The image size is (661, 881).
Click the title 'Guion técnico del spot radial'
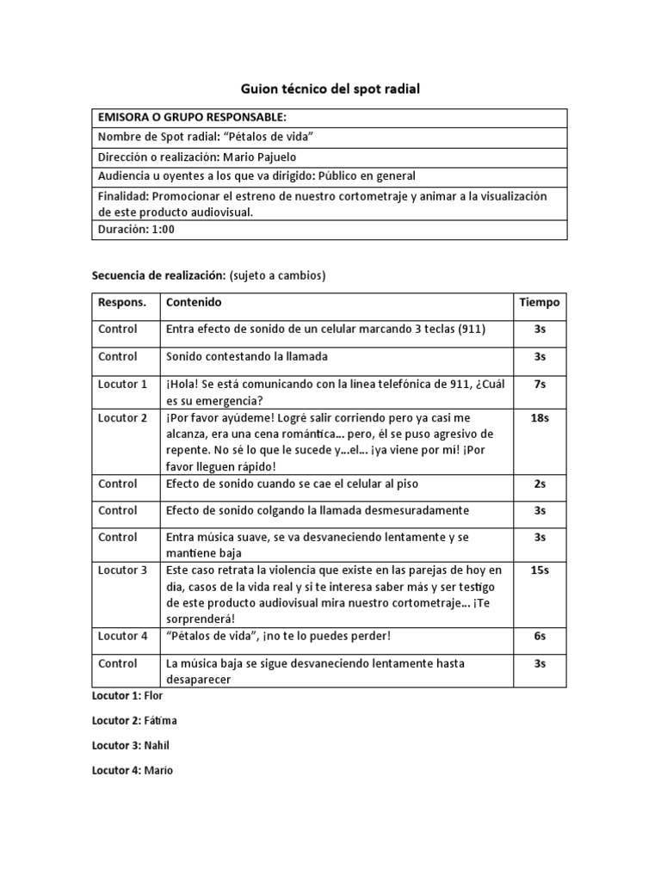tap(330, 89)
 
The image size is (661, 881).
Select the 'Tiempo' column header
tap(540, 303)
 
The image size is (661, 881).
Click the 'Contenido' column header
tap(194, 303)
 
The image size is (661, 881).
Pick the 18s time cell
tap(540, 417)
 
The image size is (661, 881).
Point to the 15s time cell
tap(540, 570)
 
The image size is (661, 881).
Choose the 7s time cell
tap(540, 385)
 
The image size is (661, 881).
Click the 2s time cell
tap(540, 484)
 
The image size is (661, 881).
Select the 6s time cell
tap(540, 636)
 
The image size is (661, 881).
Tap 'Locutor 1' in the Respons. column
tap(124, 385)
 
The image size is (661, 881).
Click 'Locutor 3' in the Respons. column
tap(124, 570)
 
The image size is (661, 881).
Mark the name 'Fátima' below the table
tap(160, 720)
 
